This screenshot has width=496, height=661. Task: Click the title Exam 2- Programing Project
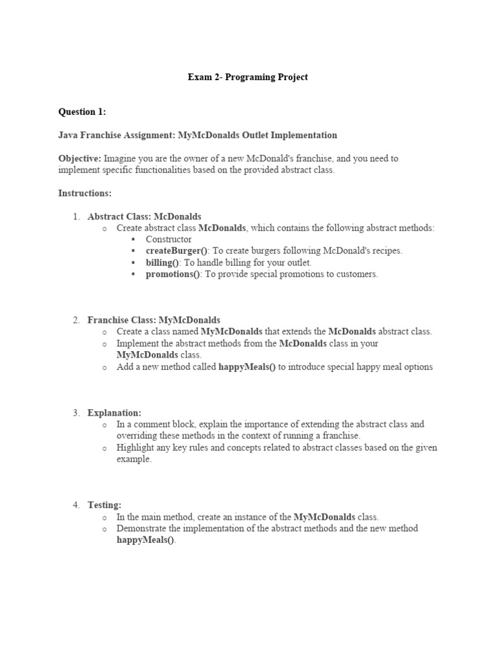coord(247,77)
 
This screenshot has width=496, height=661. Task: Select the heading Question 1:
coord(82,112)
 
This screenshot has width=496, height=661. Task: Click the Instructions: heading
coord(85,193)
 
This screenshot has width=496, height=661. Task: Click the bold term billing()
coord(163,262)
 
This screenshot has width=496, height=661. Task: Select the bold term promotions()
coord(173,274)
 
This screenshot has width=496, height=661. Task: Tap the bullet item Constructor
coord(169,239)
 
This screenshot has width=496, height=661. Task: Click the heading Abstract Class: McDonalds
coord(144,216)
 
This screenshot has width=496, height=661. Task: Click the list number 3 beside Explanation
coord(76,412)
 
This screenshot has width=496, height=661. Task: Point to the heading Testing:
coord(104,505)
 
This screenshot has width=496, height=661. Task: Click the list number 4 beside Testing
coord(76,505)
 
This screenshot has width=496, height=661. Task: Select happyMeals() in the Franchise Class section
coord(247,367)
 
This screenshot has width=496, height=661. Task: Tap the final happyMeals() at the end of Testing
coord(145,540)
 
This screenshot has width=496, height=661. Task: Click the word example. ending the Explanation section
coord(134,459)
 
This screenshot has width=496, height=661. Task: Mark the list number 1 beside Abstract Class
coord(76,216)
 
